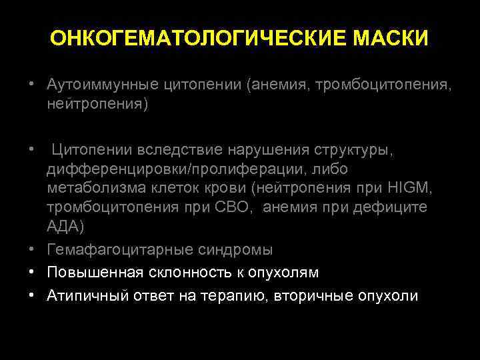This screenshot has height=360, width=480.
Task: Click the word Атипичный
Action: [84, 296]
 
